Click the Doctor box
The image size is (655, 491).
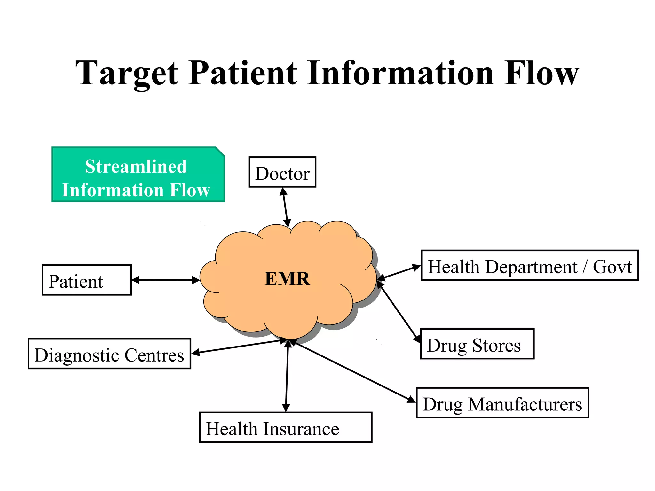(282, 172)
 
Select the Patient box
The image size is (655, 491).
(86, 280)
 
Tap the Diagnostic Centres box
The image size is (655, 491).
(109, 354)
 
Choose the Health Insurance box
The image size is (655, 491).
(285, 427)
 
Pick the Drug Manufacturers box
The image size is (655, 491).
(502, 403)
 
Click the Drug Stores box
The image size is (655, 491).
(477, 344)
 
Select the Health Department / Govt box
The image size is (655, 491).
(530, 265)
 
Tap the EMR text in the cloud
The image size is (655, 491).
(287, 279)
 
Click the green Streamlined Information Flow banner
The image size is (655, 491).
(138, 175)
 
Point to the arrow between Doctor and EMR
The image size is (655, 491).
(285, 207)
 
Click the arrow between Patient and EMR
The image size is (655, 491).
(166, 280)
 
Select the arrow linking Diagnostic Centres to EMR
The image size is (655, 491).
(237, 347)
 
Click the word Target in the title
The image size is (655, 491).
(127, 74)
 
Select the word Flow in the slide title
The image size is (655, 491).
(541, 74)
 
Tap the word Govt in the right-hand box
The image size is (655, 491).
(612, 267)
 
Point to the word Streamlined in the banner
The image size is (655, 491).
(136, 166)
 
